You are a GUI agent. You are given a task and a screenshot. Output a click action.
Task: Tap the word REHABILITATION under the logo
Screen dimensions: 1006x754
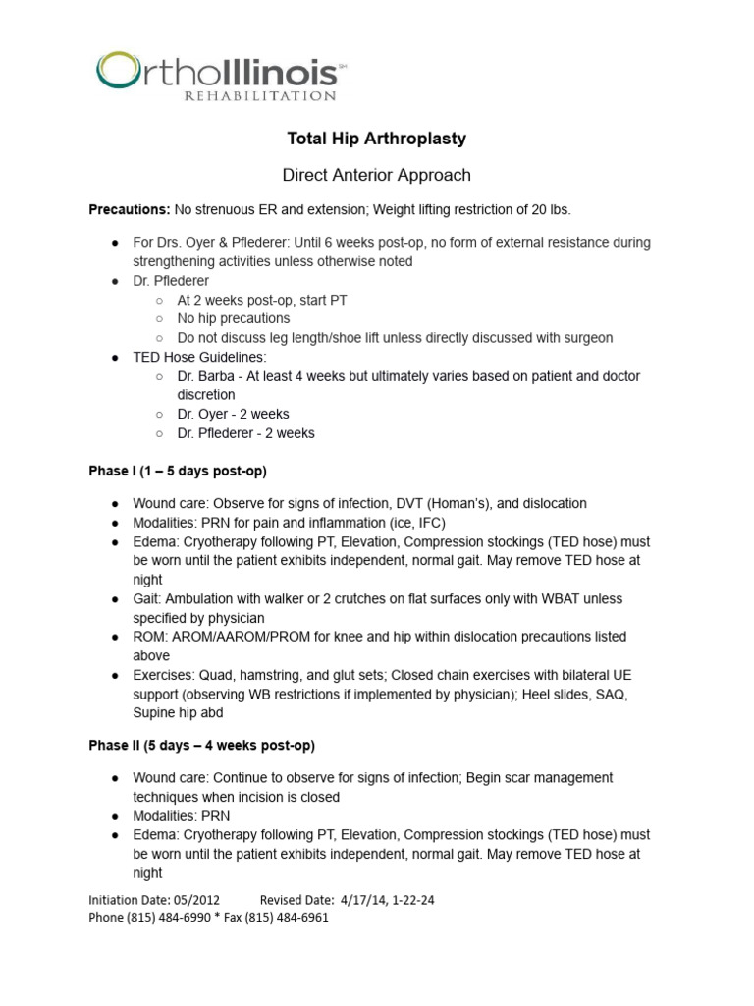(x=259, y=96)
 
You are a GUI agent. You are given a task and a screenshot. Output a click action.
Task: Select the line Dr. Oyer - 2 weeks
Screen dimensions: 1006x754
(x=233, y=414)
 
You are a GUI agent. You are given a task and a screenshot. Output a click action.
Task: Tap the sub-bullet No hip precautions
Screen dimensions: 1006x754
(x=234, y=318)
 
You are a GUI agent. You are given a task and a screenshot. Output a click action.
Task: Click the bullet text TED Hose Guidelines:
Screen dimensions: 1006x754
(x=199, y=357)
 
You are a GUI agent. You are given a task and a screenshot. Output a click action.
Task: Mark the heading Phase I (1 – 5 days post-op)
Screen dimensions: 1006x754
(x=178, y=471)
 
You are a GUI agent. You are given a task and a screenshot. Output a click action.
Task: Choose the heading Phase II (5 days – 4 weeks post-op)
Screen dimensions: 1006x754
(x=201, y=745)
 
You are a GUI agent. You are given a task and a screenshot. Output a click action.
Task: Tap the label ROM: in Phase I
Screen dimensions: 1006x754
(x=150, y=637)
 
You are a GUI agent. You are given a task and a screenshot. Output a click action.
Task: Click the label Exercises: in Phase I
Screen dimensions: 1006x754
(x=164, y=675)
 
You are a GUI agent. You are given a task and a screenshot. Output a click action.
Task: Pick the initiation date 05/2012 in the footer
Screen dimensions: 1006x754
(x=196, y=899)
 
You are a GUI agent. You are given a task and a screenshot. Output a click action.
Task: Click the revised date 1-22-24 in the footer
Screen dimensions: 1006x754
(x=409, y=899)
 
